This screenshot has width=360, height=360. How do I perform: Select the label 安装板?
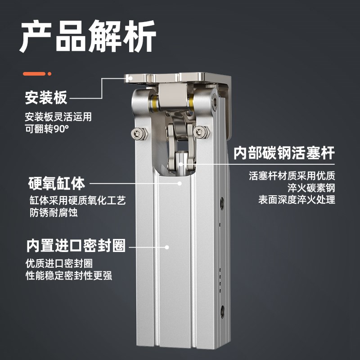click(46, 97)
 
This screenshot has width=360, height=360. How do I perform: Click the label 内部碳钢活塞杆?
click(284, 153)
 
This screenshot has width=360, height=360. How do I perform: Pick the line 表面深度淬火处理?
click(297, 199)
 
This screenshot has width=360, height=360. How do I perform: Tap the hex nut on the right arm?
click(200, 132)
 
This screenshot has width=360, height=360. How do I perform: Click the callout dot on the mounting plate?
click(130, 78)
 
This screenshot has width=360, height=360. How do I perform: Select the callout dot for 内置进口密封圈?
click(167, 247)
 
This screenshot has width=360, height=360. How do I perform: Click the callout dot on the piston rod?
click(181, 165)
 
